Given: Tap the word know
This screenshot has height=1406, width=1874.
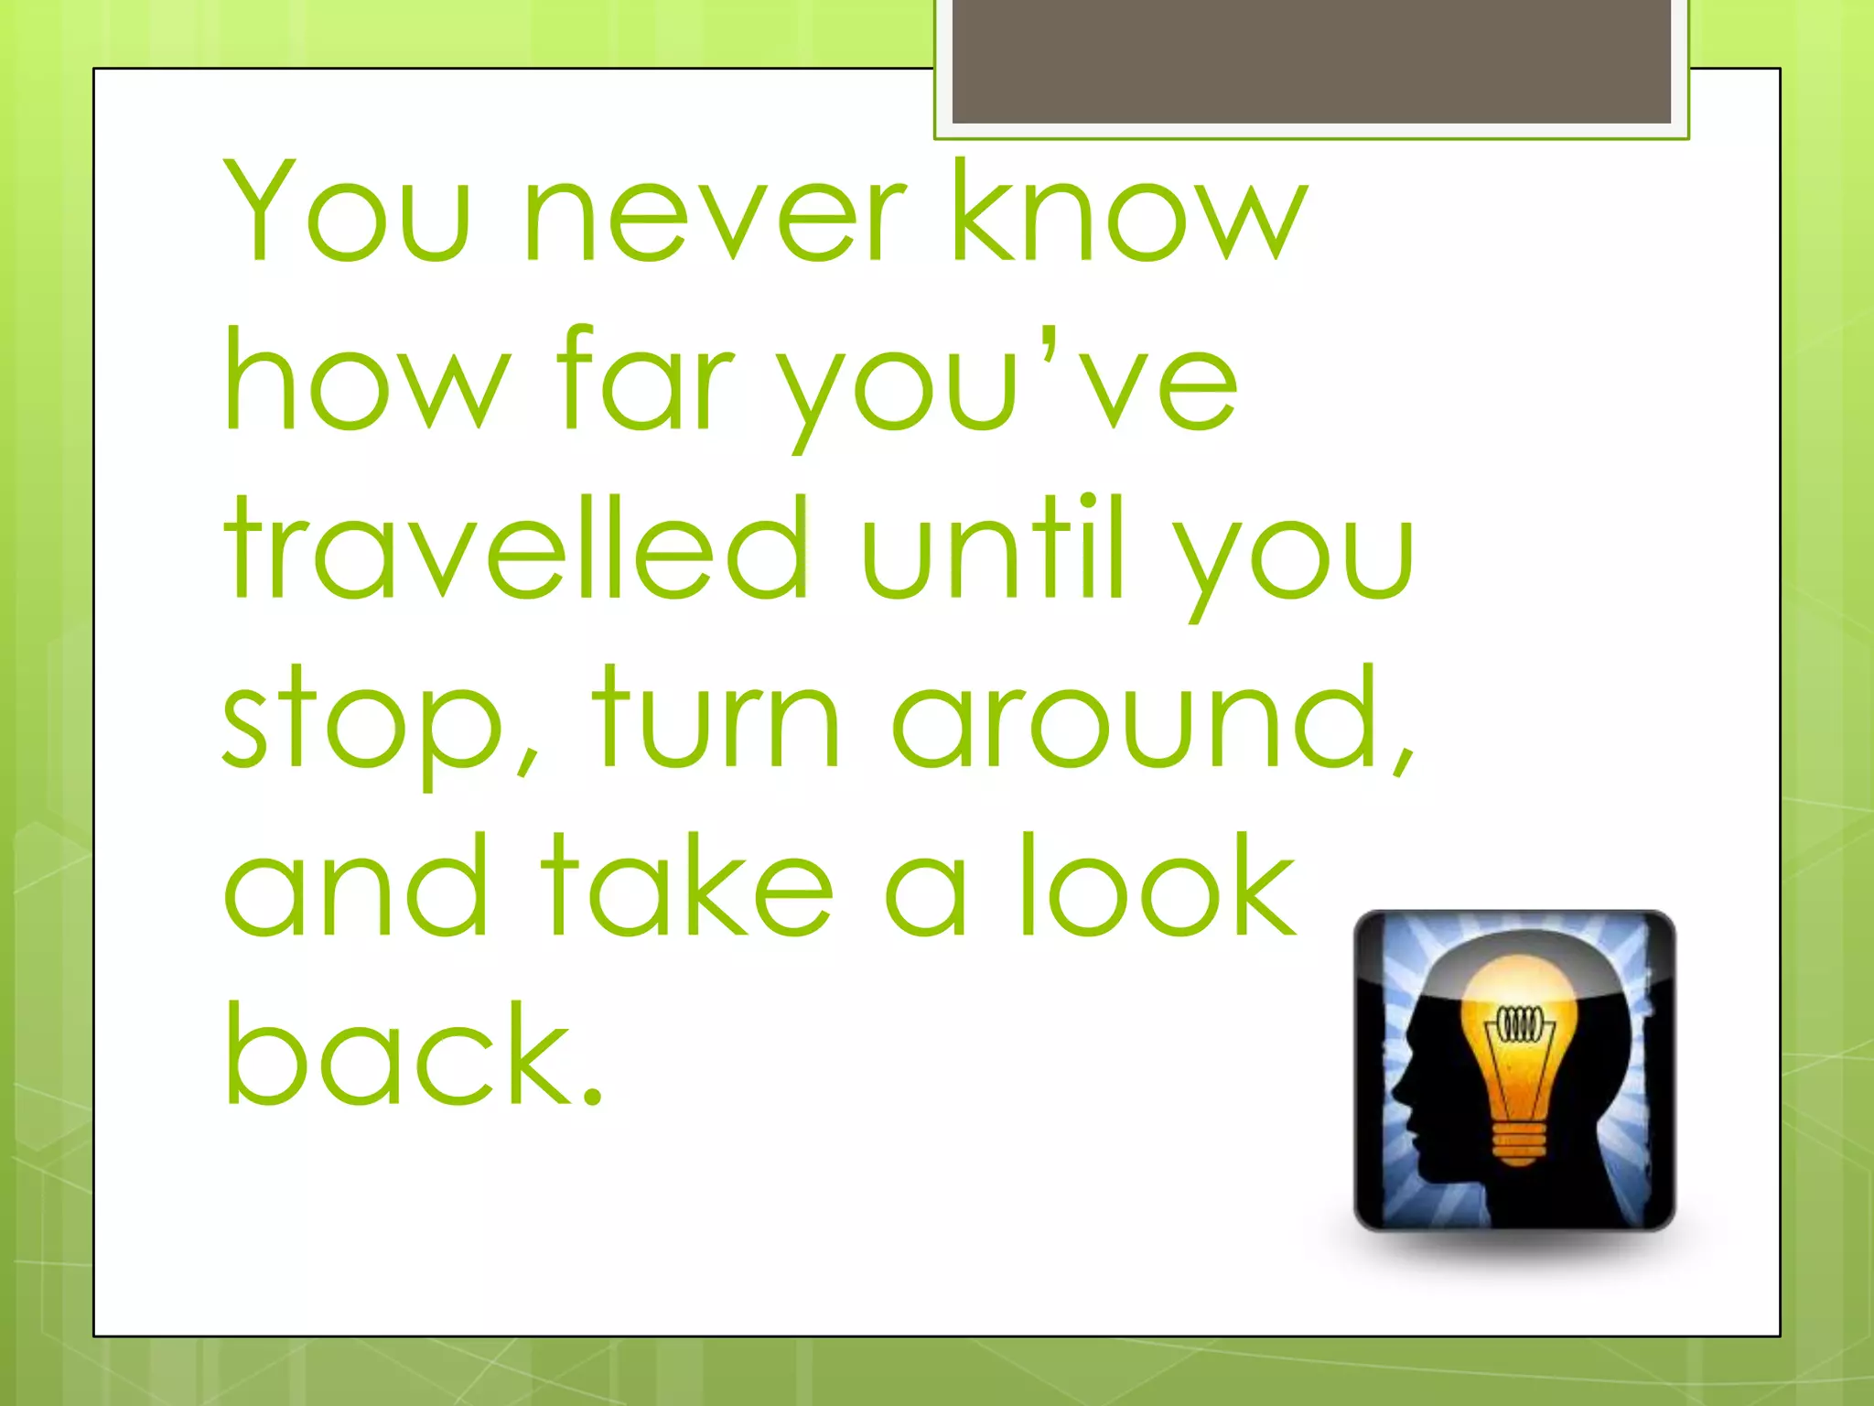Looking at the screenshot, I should (1130, 211).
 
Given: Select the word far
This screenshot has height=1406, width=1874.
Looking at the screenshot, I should (645, 380).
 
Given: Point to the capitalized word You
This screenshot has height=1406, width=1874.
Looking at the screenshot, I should (348, 211).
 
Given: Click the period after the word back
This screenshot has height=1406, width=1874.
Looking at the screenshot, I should (591, 1094).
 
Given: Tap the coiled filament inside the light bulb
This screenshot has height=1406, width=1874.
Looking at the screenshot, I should (1520, 1024).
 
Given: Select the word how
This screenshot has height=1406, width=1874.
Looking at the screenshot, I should (366, 380).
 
